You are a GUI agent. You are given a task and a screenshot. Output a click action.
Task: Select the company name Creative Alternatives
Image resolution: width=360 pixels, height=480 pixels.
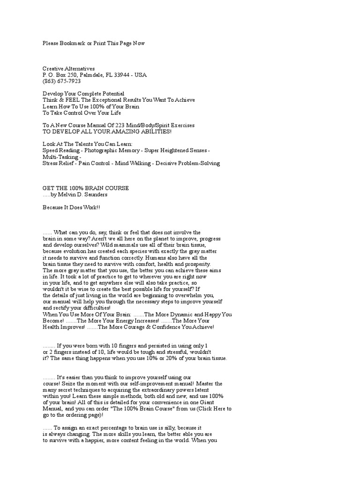pos(68,68)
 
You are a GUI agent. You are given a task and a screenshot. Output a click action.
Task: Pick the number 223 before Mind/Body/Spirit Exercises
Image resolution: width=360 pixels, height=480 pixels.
pos(116,125)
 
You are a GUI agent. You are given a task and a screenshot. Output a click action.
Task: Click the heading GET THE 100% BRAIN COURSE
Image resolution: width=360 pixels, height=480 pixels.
pos(86,188)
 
